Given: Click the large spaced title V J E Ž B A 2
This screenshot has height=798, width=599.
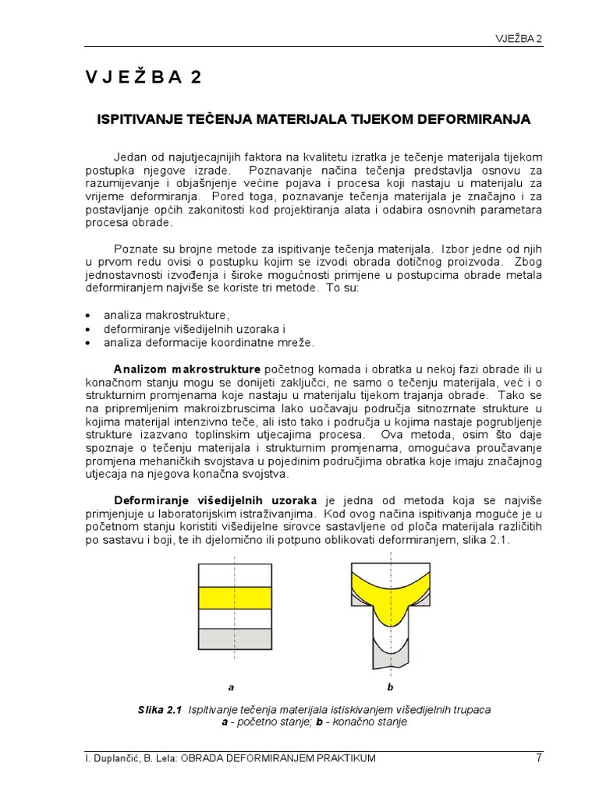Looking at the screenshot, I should pyautogui.click(x=144, y=76).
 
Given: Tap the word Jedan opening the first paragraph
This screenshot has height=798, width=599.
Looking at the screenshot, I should pyautogui.click(x=131, y=157).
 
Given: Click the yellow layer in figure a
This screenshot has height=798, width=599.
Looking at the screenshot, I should pyautogui.click(x=235, y=598).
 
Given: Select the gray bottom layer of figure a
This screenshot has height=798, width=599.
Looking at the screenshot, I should pyautogui.click(x=235, y=638).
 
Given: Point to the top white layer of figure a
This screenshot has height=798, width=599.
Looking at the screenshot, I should pyautogui.click(x=235, y=574).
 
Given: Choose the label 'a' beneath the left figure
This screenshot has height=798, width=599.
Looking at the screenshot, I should pyautogui.click(x=231, y=687).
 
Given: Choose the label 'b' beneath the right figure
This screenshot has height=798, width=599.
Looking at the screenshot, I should pyautogui.click(x=391, y=687).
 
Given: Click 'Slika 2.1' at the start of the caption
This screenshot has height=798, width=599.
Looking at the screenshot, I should pyautogui.click(x=159, y=710).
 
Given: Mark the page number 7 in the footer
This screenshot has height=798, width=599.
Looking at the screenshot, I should pyautogui.click(x=538, y=757).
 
